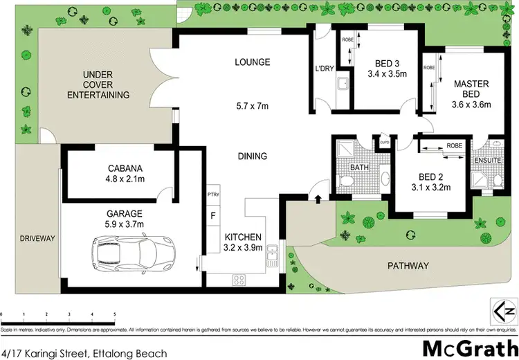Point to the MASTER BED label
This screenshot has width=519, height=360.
click(x=471, y=89)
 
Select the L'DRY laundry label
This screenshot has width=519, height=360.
click(x=325, y=69)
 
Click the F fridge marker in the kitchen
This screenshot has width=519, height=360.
click(x=212, y=216)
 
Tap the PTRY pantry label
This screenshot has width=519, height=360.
click(x=212, y=195)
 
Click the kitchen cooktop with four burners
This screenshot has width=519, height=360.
click(x=240, y=280)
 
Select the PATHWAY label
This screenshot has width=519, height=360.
click(x=408, y=265)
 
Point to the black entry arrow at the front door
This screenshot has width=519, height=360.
click(x=318, y=201)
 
